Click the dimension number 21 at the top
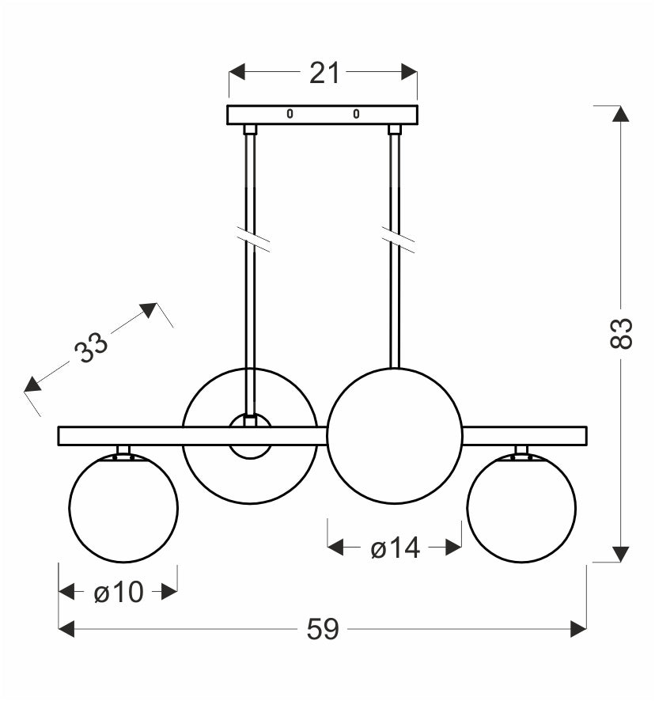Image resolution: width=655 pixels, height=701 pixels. [324, 73]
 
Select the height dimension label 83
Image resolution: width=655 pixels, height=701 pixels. [621, 333]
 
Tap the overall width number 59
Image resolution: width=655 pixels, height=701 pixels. [323, 629]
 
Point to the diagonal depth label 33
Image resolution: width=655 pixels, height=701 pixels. [91, 347]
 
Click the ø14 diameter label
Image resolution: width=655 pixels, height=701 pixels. [396, 548]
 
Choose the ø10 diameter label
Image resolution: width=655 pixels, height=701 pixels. [119, 593]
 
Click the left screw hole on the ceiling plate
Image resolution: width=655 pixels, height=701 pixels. [290, 114]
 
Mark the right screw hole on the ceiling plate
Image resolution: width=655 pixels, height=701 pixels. [356, 114]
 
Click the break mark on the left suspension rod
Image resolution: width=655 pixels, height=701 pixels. [252, 240]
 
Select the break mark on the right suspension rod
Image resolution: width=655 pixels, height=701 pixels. [398, 240]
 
